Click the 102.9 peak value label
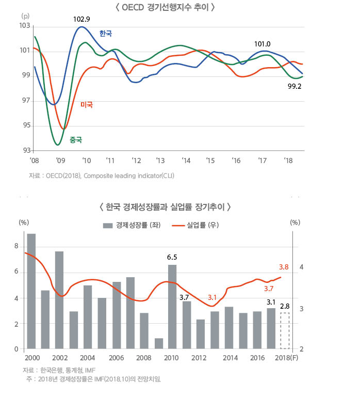[x=81, y=20]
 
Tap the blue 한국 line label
[x=106, y=34]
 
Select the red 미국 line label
[x=87, y=105]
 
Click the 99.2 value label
[x=294, y=86]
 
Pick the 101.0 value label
[x=263, y=44]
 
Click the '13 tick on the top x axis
[x=160, y=161]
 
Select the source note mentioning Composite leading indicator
[x=102, y=176]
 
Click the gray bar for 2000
[x=31, y=292]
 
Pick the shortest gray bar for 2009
[x=159, y=344]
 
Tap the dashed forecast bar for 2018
[x=285, y=330]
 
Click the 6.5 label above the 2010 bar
[x=172, y=257]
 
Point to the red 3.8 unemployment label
[x=284, y=267]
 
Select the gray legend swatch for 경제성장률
[x=108, y=225]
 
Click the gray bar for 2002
[x=59, y=300]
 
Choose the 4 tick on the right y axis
[x=301, y=267]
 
